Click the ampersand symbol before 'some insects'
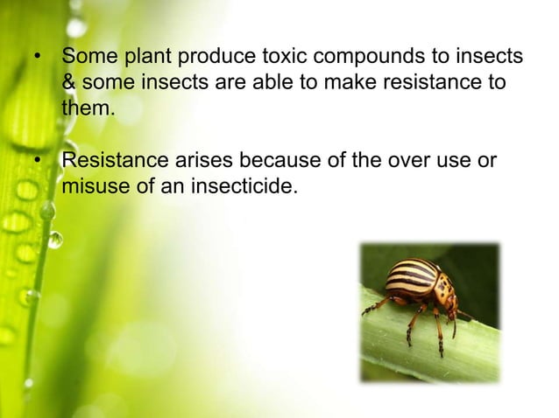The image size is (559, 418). (69, 85)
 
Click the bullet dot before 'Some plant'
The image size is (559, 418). (38, 59)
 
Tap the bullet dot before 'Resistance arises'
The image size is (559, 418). (38, 163)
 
